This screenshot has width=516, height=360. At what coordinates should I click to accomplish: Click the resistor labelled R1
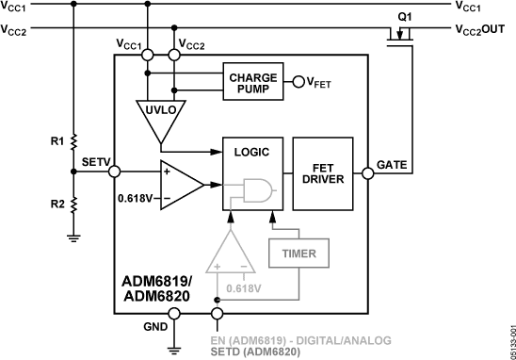pyautogui.click(x=73, y=141)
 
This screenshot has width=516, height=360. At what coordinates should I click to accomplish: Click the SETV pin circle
pyautogui.click(x=114, y=172)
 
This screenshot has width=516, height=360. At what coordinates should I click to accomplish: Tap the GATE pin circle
pyautogui.click(x=366, y=172)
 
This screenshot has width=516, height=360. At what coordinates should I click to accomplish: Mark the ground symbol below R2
pyautogui.click(x=73, y=237)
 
